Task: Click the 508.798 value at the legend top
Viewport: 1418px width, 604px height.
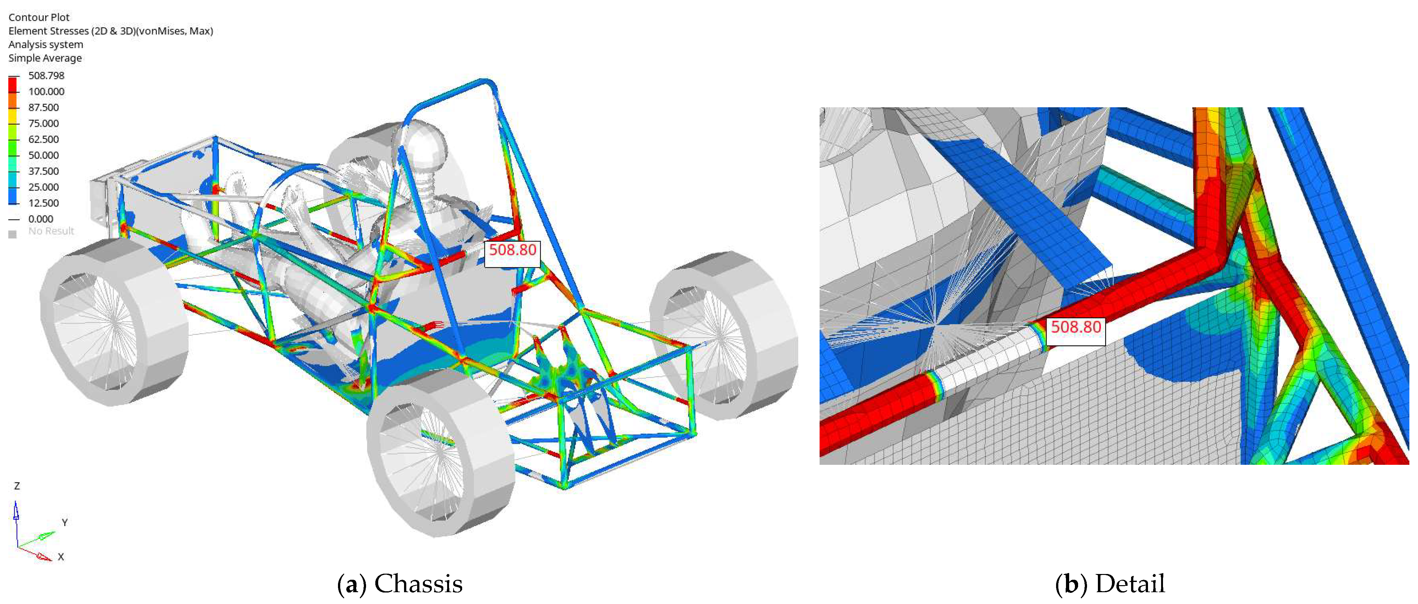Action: point(46,75)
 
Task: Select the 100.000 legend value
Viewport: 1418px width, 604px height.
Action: point(46,91)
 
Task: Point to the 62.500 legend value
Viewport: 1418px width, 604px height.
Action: point(43,139)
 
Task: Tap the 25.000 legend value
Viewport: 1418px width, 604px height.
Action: point(43,187)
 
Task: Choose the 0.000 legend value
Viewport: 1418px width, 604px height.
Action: point(41,219)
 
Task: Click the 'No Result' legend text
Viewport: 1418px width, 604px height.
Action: point(51,231)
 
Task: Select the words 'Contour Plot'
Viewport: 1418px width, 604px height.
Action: point(39,17)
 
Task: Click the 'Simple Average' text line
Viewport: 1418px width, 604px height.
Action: point(45,58)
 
